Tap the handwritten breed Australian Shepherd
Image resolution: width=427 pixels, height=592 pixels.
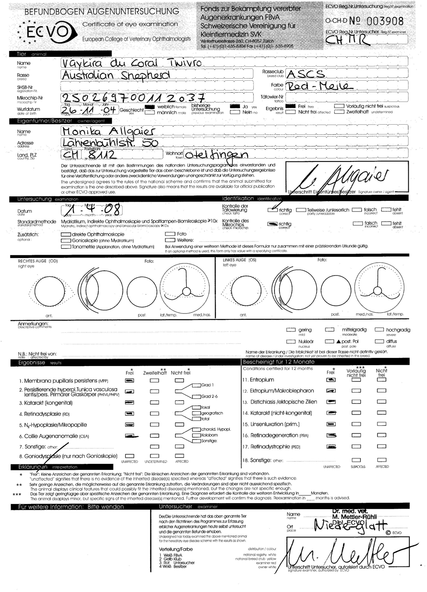coord(115,75)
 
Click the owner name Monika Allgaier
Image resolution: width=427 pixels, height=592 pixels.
coord(109,131)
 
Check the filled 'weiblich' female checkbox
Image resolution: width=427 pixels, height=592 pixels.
coord(149,106)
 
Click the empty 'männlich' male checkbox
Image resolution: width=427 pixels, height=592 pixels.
coord(149,113)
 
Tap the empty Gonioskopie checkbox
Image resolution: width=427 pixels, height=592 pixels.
coord(66,240)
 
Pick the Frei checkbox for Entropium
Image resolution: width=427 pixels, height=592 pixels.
coord(330,380)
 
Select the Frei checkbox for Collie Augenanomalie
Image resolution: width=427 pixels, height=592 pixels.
coord(129,436)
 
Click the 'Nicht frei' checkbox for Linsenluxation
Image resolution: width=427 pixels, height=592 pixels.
coord(381,424)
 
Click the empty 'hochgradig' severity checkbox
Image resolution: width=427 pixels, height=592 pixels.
coord(379,330)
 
